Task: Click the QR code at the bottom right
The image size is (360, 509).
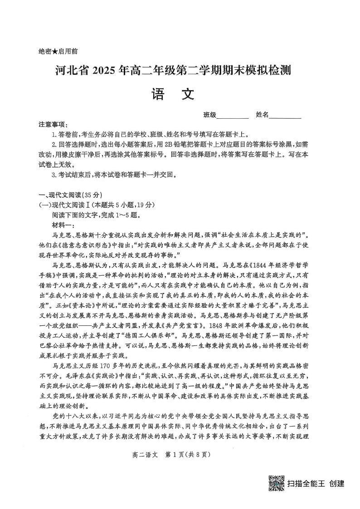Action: [276, 483]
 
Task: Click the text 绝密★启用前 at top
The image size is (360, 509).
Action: [58, 52]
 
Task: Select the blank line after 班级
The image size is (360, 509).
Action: [233, 116]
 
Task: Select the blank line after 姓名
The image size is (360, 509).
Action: [285, 116]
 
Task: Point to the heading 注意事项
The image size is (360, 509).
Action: [53, 124]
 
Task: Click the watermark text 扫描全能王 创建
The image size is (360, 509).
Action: [316, 483]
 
